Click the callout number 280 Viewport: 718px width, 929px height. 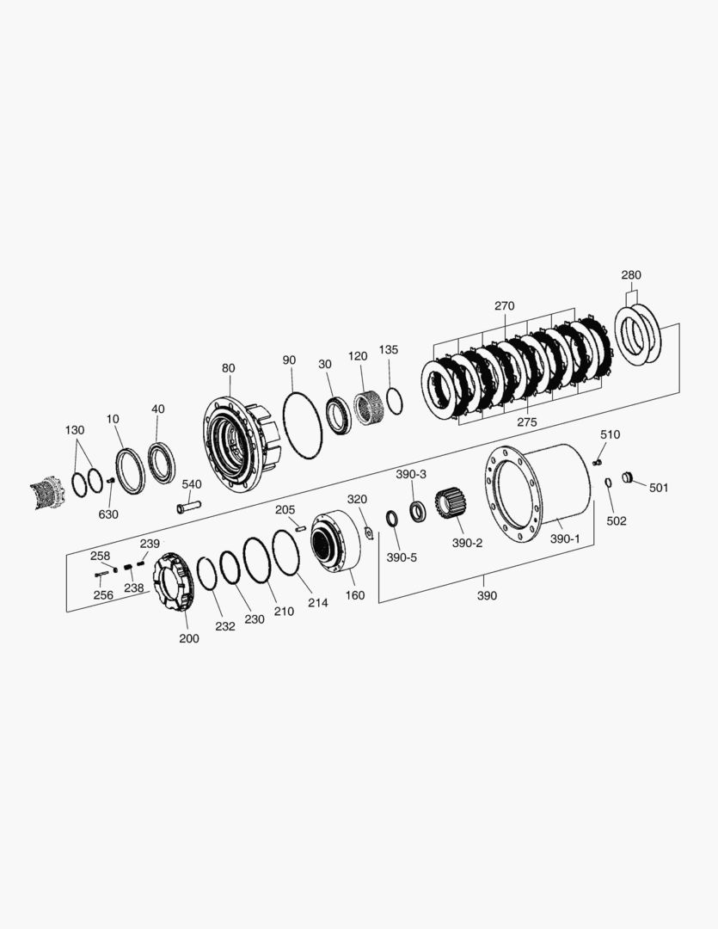tap(631, 275)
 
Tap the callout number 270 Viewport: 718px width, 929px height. tap(505, 306)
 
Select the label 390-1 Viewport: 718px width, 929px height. tap(565, 538)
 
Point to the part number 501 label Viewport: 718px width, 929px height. tap(659, 488)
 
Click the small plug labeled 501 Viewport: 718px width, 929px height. tap(628, 477)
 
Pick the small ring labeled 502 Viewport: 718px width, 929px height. tap(608, 483)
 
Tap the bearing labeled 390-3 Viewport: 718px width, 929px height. tap(418, 511)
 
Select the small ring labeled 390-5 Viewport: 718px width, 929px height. tap(391, 519)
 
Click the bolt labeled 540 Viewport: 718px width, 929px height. tap(189, 508)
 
